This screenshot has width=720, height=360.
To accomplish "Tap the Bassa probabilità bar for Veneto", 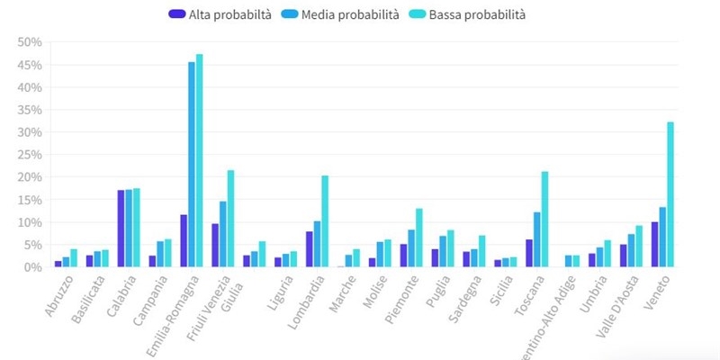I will [x=670, y=194].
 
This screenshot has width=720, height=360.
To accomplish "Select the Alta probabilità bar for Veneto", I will [x=655, y=244].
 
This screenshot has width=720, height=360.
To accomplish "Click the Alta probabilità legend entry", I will [x=220, y=14].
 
